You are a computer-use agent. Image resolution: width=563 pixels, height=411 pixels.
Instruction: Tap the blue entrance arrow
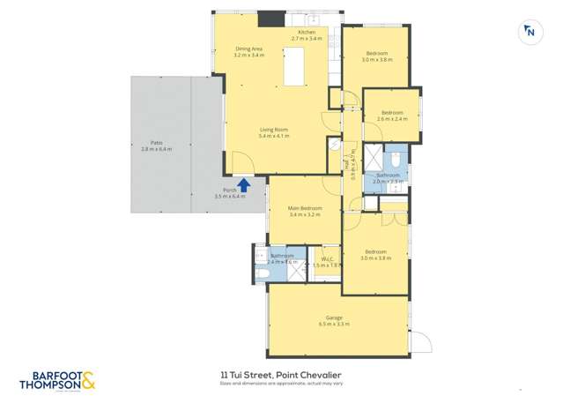244,183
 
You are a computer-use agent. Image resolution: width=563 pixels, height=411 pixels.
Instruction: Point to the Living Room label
273,130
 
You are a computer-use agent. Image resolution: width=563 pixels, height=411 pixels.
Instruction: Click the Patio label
156,143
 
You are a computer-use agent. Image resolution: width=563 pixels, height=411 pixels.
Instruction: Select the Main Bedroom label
305,208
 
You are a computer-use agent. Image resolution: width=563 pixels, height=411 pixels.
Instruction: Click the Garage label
334,318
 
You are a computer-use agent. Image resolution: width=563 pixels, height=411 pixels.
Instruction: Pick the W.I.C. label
327,259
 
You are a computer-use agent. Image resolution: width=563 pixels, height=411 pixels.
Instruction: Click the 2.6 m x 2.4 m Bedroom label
392,113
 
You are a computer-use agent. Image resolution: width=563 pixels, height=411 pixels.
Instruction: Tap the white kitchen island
293,67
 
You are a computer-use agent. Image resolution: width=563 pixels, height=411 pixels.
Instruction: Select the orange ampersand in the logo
88,380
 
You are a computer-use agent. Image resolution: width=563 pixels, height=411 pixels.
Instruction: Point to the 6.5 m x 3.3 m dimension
334,325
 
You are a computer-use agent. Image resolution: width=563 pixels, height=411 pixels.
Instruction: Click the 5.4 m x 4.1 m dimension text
274,137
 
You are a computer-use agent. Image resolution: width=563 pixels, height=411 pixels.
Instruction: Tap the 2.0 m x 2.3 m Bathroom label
389,176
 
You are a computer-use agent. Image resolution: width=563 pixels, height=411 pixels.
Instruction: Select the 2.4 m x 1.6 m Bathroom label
282,256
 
